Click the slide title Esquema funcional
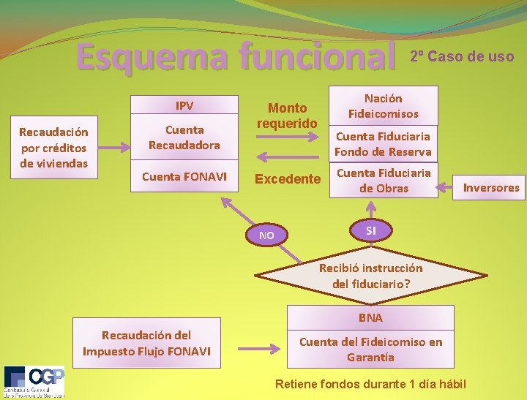[233, 57]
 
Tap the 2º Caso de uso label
[462, 56]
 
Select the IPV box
[184, 106]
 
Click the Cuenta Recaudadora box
[184, 137]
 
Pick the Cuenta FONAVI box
[184, 176]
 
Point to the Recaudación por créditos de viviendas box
[53, 147]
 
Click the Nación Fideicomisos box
[384, 105]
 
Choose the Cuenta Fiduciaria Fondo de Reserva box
[383, 144]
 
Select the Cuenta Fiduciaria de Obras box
[383, 181]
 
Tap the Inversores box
[491, 188]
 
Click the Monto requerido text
[287, 116]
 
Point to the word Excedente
[288, 179]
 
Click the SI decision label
[371, 231]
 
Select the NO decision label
[267, 235]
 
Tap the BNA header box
[370, 317]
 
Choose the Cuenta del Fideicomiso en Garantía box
[370, 349]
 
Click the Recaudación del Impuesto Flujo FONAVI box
[146, 343]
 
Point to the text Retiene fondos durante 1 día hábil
[370, 383]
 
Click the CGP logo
[34, 381]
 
